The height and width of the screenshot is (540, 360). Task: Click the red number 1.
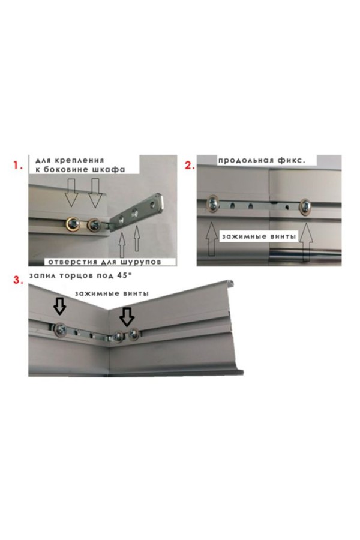(17, 166)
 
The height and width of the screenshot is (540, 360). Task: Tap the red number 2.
(190, 166)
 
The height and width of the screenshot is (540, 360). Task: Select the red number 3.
(18, 280)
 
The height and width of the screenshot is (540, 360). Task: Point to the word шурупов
(141, 262)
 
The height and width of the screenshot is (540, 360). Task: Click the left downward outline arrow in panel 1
(71, 193)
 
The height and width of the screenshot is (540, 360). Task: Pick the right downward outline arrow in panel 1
(94, 193)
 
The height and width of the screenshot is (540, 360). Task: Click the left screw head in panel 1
(74, 224)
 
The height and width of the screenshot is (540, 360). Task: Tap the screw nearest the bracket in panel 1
(94, 225)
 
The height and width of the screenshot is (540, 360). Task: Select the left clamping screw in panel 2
(213, 203)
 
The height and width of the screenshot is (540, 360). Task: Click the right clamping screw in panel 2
(305, 206)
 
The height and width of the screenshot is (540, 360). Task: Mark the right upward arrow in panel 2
(306, 242)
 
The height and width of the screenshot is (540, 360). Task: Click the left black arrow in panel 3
(59, 306)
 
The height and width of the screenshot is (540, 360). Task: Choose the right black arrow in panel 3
(127, 317)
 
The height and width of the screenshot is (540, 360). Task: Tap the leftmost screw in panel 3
(60, 329)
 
